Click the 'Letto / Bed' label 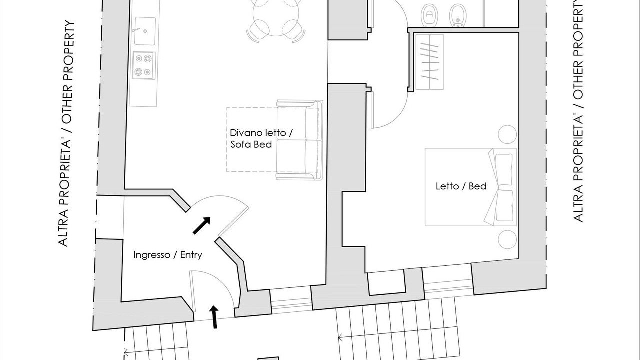(x=461, y=186)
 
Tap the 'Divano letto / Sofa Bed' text (x=261, y=139)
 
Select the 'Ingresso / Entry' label (x=168, y=255)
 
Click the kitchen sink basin (x=145, y=31)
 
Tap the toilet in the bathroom (x=429, y=15)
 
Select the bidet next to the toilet (x=458, y=15)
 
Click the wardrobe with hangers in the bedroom (x=429, y=62)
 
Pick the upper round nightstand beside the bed (x=507, y=134)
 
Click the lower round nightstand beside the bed (x=507, y=239)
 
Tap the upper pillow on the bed (x=503, y=169)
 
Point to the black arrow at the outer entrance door (x=214, y=317)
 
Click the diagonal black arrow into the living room (x=202, y=225)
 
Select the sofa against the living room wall (x=299, y=140)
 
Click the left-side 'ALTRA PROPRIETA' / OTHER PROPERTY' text (x=66, y=133)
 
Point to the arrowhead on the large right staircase (x=340, y=337)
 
